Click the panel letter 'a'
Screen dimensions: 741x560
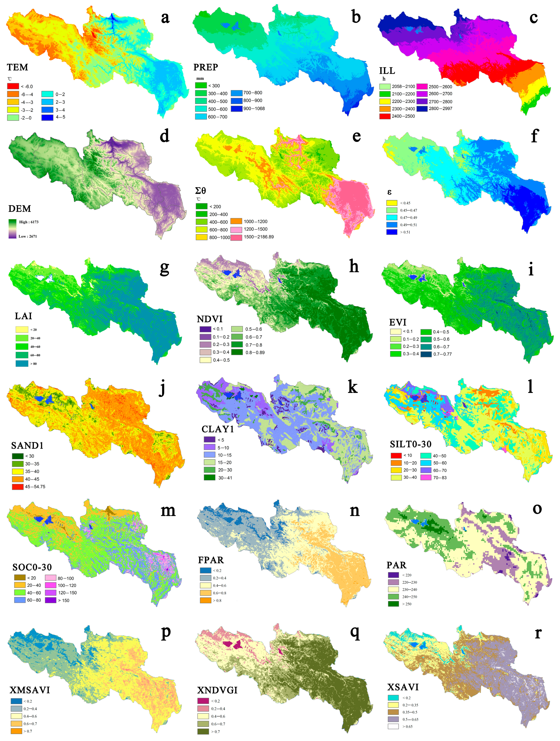point(165,18)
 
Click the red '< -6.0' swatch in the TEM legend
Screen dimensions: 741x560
point(13,86)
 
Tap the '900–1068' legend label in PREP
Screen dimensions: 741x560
point(254,109)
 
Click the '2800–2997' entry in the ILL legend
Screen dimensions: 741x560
point(440,109)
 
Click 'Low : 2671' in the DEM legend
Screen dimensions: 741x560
point(28,236)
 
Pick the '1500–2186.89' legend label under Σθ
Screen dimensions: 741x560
point(259,237)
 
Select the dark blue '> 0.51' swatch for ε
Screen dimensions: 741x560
point(392,232)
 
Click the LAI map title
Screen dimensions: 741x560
point(23,316)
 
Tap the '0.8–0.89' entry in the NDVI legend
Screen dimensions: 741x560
point(255,352)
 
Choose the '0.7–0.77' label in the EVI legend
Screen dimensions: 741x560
point(442,354)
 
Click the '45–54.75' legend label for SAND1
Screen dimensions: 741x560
point(35,486)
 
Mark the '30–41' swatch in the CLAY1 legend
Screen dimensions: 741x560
point(210,478)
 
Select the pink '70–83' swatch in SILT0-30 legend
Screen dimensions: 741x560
point(426,477)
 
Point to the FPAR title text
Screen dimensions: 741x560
point(211,560)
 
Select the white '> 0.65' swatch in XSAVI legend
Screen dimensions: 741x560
point(393,727)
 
